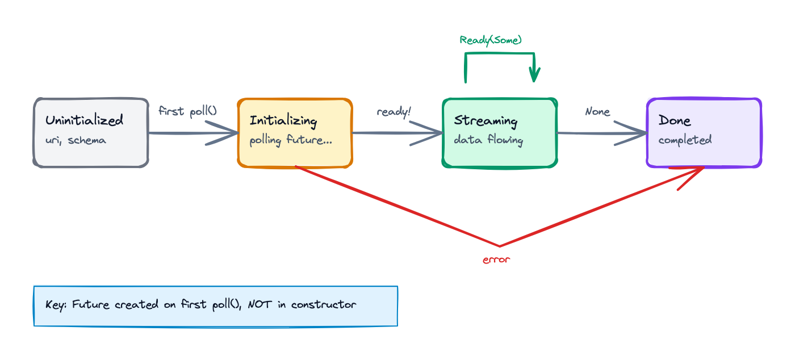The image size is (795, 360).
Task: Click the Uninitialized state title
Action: point(84,120)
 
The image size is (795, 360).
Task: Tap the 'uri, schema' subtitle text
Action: point(76,140)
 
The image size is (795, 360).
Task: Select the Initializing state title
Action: point(283,120)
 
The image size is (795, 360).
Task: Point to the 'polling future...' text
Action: point(291,140)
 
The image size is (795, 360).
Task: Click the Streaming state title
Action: point(486,120)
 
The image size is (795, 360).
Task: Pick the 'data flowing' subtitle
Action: point(488,140)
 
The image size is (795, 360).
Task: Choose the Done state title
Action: point(675,120)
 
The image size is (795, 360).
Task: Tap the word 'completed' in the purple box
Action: point(685,140)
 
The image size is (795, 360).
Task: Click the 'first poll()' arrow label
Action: point(187,111)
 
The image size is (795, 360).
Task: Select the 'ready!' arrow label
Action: point(394,112)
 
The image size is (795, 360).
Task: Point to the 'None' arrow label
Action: point(597,112)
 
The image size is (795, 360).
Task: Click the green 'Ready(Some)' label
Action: point(491,40)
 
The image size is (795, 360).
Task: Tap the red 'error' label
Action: point(496,260)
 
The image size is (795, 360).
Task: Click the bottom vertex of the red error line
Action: point(500,246)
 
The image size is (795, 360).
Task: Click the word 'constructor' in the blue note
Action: point(324,304)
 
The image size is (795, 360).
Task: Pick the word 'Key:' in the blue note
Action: point(56,304)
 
